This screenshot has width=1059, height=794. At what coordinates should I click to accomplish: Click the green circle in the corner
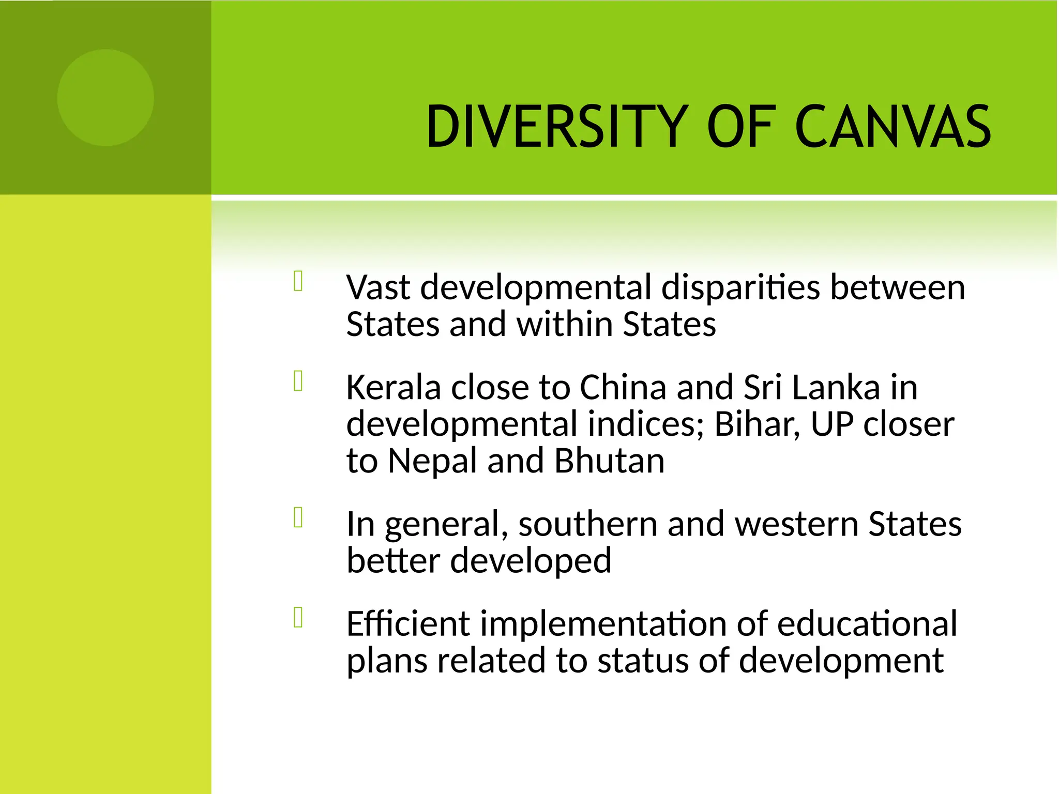pyautogui.click(x=105, y=98)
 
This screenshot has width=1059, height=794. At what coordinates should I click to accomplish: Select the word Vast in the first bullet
pyautogui.click(x=378, y=287)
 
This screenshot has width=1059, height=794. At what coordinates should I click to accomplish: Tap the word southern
pyautogui.click(x=587, y=524)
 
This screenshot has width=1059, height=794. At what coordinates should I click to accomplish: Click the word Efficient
pyautogui.click(x=408, y=624)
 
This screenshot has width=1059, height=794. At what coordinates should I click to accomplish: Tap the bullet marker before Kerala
pyautogui.click(x=298, y=381)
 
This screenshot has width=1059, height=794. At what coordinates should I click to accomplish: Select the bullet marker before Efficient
pyautogui.click(x=298, y=618)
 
